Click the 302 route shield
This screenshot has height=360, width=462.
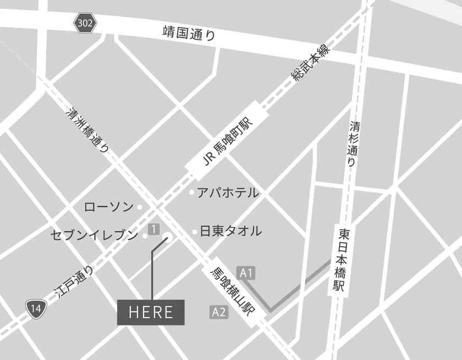click(85, 24)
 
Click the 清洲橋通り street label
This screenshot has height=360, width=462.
click(87, 130)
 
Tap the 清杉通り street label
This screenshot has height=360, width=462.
click(353, 144)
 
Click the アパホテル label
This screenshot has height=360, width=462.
click(228, 193)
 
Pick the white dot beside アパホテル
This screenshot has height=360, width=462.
click(192, 193)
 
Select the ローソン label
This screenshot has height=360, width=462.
click(108, 208)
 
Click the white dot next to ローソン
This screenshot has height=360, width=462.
click(139, 208)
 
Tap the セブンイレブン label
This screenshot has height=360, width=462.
click(94, 236)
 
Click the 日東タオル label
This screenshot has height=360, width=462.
click(230, 231)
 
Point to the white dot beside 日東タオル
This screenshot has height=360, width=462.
click(195, 232)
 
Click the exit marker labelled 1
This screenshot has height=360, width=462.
click(154, 228)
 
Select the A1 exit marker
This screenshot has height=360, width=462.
click(246, 272)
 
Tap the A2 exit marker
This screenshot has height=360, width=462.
click(219, 312)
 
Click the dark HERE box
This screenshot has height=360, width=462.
click(151, 313)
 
